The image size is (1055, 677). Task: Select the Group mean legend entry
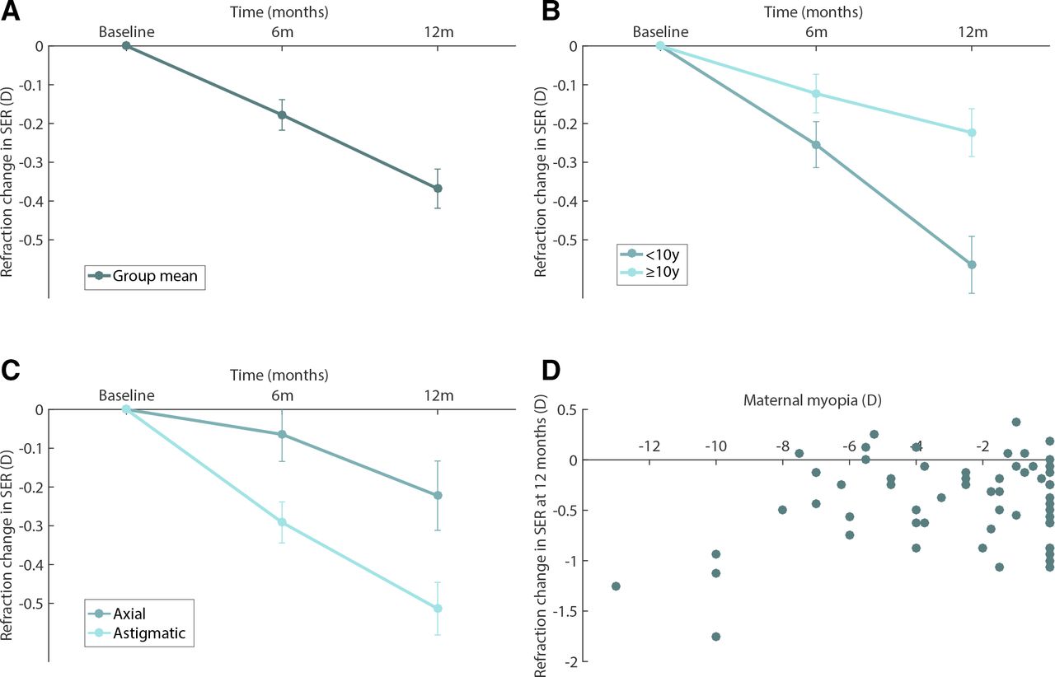145,276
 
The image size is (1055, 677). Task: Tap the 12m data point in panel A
438,189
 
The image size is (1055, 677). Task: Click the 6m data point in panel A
282,115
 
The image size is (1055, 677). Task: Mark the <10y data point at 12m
972,264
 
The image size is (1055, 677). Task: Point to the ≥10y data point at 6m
816,94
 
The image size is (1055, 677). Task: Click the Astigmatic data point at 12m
438,608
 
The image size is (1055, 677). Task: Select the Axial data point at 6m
282,434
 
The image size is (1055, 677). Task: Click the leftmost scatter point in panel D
616,586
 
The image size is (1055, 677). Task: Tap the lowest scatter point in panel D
715,636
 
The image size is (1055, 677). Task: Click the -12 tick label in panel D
649,446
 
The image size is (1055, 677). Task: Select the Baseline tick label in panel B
660,32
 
